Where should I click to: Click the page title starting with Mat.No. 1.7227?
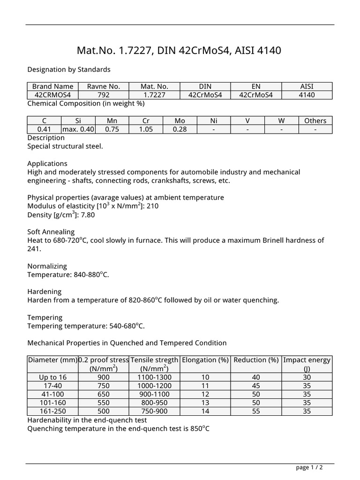pyautogui.click(x=179, y=50)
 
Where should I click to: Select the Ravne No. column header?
pyautogui.click(x=104, y=86)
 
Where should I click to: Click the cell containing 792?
pyautogui.click(x=104, y=95)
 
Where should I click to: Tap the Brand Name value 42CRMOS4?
pyautogui.click(x=52, y=95)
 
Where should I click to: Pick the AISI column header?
pyautogui.click(x=307, y=86)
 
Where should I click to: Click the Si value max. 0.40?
pyautogui.click(x=78, y=129)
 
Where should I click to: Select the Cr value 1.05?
pyautogui.click(x=146, y=129)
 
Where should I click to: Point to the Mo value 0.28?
pyautogui.click(x=180, y=129)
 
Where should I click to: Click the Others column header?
pyautogui.click(x=315, y=120)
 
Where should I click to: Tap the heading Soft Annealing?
pyautogui.click(x=51, y=232)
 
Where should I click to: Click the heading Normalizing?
pyautogui.click(x=47, y=266)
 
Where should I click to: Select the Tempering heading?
pyautogui.click(x=45, y=317)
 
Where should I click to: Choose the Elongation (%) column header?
pyautogui.click(x=205, y=360)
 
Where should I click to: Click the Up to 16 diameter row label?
pyautogui.click(x=52, y=377)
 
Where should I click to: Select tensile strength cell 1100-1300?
pyautogui.click(x=154, y=377)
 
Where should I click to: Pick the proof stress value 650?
pyautogui.click(x=103, y=394)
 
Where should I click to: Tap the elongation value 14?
pyautogui.click(x=205, y=411)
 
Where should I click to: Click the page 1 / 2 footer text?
pyautogui.click(x=309, y=467)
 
